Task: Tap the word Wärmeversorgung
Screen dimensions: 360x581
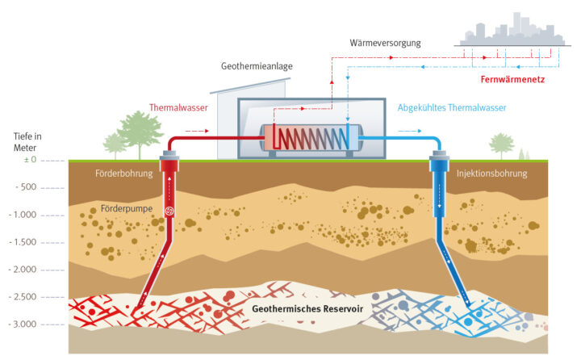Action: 387,41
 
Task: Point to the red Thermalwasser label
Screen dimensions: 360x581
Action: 178,107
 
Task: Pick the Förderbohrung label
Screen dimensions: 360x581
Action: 119,173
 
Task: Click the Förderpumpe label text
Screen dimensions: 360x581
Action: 127,208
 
